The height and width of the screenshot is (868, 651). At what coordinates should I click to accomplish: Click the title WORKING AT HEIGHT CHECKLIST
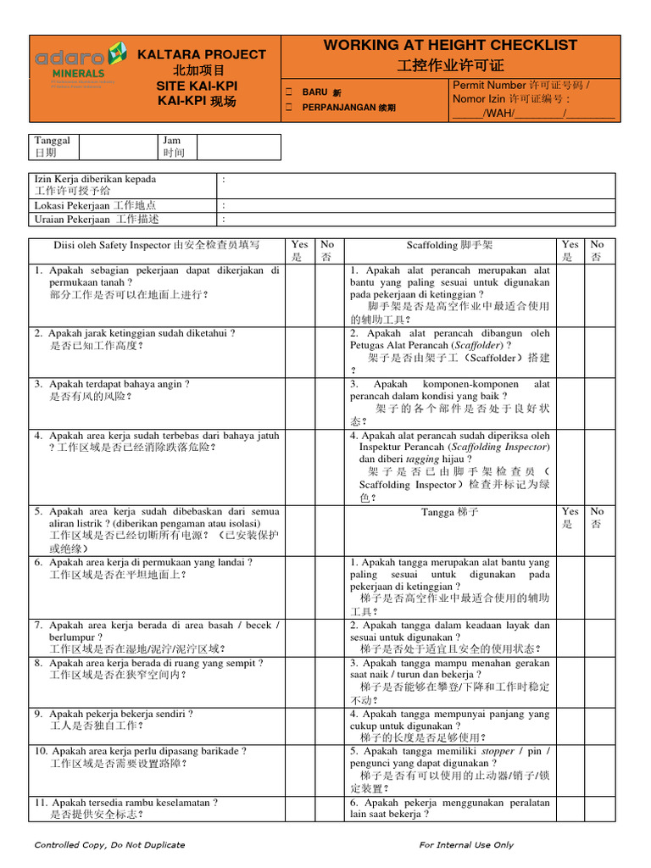(450, 46)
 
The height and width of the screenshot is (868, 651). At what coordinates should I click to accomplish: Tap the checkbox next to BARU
(289, 92)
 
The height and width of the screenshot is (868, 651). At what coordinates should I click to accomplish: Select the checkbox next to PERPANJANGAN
(289, 108)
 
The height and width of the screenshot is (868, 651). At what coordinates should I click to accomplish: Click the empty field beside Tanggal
(119, 147)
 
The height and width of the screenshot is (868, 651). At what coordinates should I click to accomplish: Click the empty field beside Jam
(238, 147)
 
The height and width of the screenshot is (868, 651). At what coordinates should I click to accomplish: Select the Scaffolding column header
(449, 245)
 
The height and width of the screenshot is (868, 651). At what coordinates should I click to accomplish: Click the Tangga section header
(449, 512)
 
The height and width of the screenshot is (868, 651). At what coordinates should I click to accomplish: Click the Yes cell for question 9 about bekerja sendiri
(300, 725)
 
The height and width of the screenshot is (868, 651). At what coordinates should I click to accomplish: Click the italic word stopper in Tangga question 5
(498, 751)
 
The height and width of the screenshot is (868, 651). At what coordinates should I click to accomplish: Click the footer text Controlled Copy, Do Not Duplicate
(109, 844)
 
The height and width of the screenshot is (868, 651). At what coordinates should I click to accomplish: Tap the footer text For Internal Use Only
(466, 844)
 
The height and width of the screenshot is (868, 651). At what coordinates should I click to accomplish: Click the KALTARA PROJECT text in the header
(202, 54)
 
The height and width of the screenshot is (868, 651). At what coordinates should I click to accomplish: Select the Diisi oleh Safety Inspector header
(157, 245)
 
